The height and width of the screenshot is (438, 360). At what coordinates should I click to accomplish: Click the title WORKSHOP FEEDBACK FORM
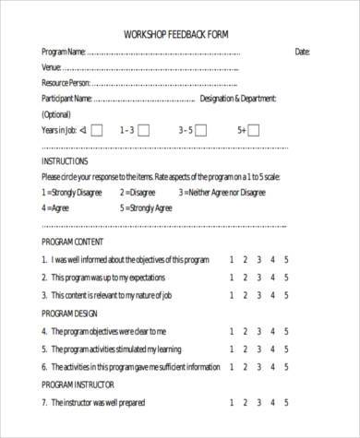click(176, 34)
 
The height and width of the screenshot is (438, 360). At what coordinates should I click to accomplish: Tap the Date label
click(302, 53)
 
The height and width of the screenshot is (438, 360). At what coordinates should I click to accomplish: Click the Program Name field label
click(64, 53)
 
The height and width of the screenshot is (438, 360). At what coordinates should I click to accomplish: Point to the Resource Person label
click(68, 83)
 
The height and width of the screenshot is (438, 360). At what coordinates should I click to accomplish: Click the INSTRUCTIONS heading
click(65, 160)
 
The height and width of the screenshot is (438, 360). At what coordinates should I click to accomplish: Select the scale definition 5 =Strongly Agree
click(147, 208)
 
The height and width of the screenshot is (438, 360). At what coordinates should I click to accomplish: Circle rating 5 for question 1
click(286, 259)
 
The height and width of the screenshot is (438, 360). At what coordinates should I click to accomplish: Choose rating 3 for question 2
click(258, 278)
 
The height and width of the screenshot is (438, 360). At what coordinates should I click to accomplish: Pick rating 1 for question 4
click(231, 331)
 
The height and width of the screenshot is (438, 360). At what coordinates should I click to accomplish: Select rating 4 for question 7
click(272, 403)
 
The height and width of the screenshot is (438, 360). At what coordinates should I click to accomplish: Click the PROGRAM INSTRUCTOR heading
click(78, 385)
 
